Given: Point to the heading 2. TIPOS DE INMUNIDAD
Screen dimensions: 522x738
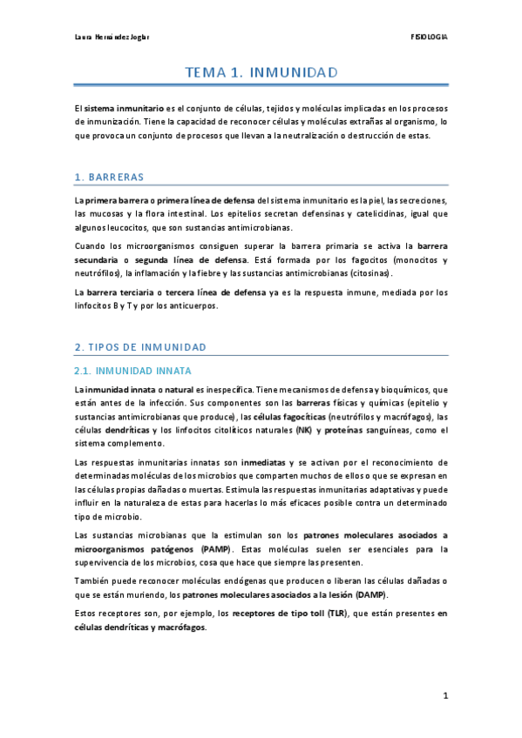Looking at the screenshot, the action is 140,347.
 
